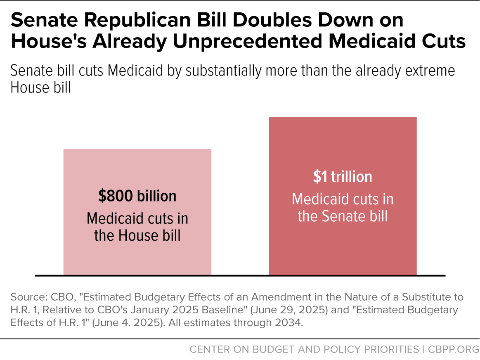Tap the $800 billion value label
137,196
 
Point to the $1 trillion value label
343,177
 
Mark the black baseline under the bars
239,275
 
